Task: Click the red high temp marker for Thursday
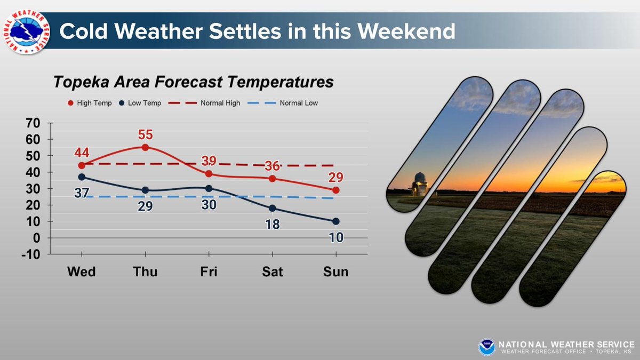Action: (145, 147)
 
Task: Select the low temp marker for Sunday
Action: (336, 221)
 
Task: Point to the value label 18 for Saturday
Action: (272, 224)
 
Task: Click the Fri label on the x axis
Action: (209, 271)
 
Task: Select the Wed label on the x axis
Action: (82, 271)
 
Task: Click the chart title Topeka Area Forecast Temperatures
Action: (193, 83)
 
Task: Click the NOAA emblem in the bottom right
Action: (486, 347)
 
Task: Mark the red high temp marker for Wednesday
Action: (82, 165)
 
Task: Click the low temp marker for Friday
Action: (209, 188)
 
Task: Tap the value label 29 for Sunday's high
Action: (336, 178)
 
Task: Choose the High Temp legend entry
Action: (90, 103)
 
